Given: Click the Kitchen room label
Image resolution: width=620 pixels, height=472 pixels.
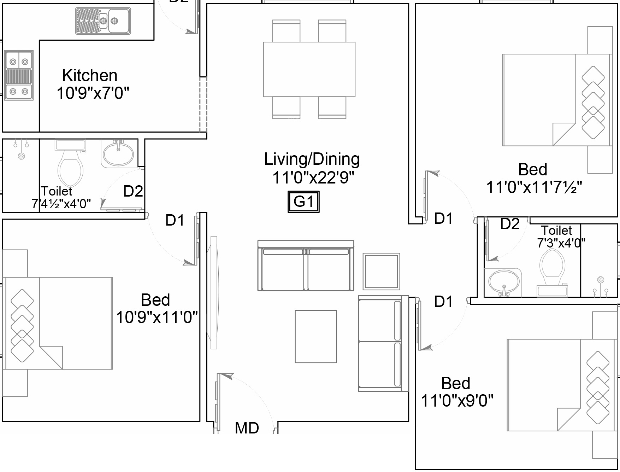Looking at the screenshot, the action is pos(90,76).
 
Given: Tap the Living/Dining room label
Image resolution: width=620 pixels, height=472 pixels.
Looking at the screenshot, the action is pos(312,159).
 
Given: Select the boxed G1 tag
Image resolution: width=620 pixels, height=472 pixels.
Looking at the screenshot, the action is pos(303,202).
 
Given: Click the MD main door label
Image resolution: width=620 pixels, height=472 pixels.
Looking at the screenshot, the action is pos(247,428).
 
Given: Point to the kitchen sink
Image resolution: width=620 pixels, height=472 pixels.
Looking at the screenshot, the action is pos(103,21).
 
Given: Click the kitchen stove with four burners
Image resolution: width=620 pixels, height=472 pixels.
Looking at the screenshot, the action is pos(19,75).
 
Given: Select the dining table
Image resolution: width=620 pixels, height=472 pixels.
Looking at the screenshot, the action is pos(309,69).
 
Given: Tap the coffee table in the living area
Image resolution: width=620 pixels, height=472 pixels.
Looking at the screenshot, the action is pos(316,337).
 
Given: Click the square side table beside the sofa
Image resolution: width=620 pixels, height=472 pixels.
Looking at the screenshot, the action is pos(382,271).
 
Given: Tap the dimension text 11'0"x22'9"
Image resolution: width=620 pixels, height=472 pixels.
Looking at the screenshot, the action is pos(313,177).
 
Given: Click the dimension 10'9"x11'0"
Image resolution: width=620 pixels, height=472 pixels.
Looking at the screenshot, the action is pos(157,317).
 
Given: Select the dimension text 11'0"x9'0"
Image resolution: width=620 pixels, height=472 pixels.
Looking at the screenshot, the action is pos(457,401).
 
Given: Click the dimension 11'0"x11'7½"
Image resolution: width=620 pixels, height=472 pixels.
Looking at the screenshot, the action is pos(534,187).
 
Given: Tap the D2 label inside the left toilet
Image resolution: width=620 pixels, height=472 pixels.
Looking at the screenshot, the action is pos(133,191).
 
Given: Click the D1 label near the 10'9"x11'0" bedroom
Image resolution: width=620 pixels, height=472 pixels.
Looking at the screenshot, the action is pos(175,220).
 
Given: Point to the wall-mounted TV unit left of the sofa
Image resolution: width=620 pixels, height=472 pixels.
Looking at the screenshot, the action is pos(214,293).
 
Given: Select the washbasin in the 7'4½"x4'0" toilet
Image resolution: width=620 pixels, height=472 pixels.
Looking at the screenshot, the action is pos(118,153).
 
